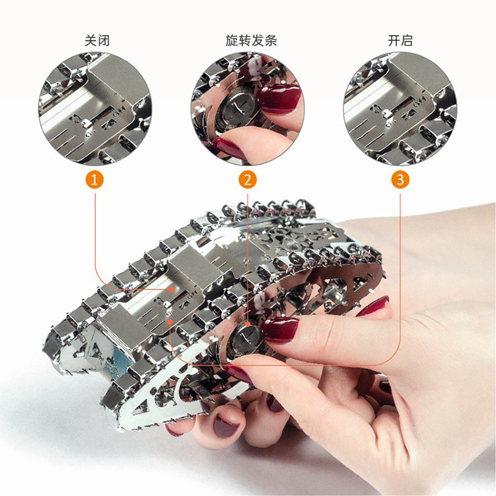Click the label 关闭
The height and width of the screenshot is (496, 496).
click(x=97, y=41)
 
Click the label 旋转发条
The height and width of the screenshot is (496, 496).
click(x=252, y=41)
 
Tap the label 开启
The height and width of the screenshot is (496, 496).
click(x=400, y=41)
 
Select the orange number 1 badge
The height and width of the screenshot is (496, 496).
click(x=95, y=180)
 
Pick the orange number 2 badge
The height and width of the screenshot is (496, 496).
click(x=247, y=180)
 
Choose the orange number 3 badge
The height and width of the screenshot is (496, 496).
click(x=400, y=180)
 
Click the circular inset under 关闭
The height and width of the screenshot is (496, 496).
click(x=95, y=109)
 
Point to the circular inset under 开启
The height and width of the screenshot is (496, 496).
click(x=400, y=109)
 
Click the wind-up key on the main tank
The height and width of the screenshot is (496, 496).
click(x=244, y=337)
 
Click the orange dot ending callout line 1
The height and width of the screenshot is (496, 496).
click(x=171, y=289)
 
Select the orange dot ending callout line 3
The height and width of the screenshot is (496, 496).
click(x=170, y=321)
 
